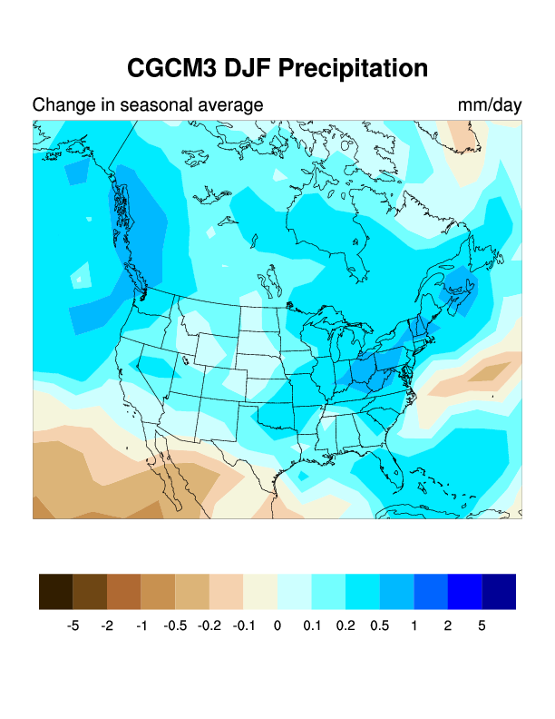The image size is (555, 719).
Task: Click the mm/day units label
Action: [x=490, y=105]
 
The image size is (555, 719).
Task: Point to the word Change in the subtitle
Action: [x=63, y=105]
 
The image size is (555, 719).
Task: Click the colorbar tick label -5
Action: [x=73, y=626]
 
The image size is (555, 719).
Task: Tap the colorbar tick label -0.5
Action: [x=175, y=626]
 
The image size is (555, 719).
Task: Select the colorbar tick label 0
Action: [x=277, y=626]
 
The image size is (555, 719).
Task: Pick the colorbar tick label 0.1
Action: [x=311, y=626]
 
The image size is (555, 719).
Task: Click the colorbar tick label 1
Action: [x=414, y=626]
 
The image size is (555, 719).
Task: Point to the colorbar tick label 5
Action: [x=482, y=626]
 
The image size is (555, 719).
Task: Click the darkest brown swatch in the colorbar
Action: [x=56, y=592]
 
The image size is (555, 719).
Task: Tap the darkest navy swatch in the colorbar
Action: [x=499, y=592]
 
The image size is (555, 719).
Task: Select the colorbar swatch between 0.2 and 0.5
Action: [x=363, y=592]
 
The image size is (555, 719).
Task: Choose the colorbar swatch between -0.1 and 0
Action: [x=260, y=592]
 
